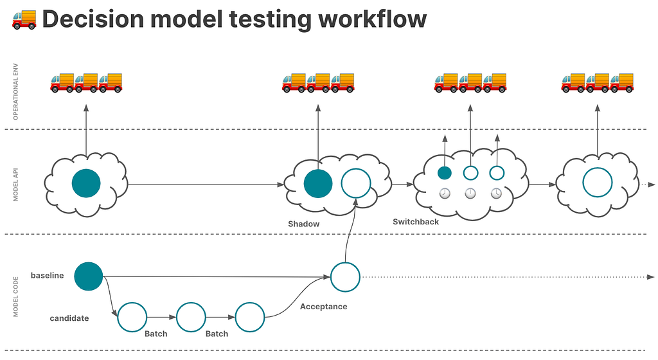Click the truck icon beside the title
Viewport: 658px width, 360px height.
click(x=24, y=19)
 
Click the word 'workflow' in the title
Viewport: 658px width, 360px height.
click(x=372, y=19)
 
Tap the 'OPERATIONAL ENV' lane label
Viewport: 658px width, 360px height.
click(x=15, y=91)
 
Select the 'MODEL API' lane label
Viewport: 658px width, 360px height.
click(x=15, y=184)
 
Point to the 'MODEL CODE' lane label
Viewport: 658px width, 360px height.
click(x=15, y=296)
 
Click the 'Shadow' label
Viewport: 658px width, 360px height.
click(x=303, y=224)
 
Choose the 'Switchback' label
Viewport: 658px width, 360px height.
click(x=416, y=222)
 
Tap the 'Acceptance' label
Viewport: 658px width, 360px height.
click(x=324, y=307)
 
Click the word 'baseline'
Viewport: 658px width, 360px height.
click(x=47, y=276)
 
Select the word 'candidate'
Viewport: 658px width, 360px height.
click(x=69, y=318)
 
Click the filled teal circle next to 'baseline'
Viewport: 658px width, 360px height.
click(x=89, y=276)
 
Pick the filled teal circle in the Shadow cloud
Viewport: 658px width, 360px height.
click(x=318, y=184)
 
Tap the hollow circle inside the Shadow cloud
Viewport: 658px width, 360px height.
click(x=356, y=169)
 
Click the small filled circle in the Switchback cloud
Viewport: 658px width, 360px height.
click(x=445, y=173)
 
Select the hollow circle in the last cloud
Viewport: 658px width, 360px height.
click(x=597, y=168)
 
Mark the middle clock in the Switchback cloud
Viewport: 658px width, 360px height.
click(x=470, y=193)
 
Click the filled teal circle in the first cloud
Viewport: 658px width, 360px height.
click(x=86, y=183)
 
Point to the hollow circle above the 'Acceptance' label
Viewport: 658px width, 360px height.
click(x=345, y=263)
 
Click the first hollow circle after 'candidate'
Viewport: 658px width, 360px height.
click(x=132, y=303)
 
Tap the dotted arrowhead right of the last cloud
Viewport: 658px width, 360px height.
click(x=652, y=184)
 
